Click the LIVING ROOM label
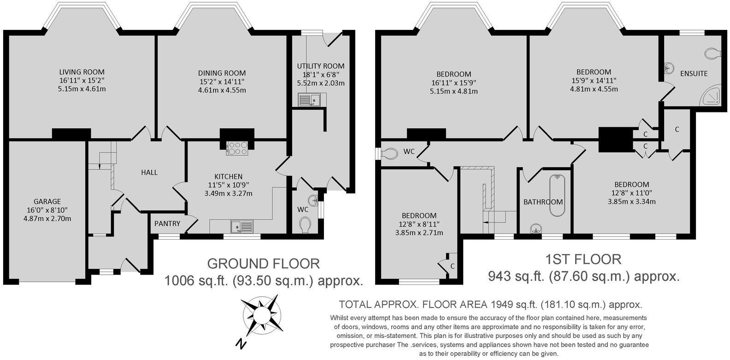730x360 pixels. [82, 72]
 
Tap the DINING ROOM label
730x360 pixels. [222, 73]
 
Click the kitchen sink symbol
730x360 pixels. [242, 226]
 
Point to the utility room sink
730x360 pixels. [308, 99]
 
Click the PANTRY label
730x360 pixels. [167, 224]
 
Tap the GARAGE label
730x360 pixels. [47, 201]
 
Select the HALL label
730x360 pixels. [149, 172]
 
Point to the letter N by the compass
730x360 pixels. [240, 343]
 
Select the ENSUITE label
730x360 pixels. [694, 73]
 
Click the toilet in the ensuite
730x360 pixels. [712, 53]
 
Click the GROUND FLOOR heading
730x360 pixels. [263, 264]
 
